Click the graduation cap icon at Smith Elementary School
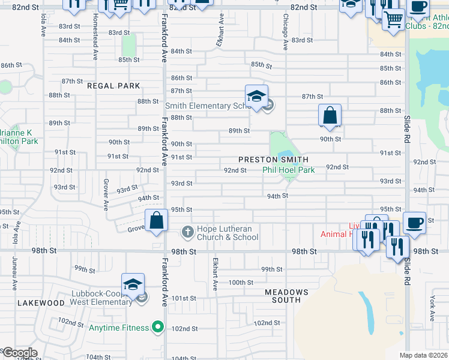(256, 96)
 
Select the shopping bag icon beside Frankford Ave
(156, 220)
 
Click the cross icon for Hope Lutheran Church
(187, 232)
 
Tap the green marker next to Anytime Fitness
(158, 328)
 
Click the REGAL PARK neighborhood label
(113, 86)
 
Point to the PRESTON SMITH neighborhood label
(273, 160)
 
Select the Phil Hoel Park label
(288, 170)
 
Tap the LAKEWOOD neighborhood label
(41, 304)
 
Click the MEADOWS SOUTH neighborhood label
(287, 296)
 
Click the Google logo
(19, 353)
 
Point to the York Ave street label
(432, 308)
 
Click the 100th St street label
(241, 282)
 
